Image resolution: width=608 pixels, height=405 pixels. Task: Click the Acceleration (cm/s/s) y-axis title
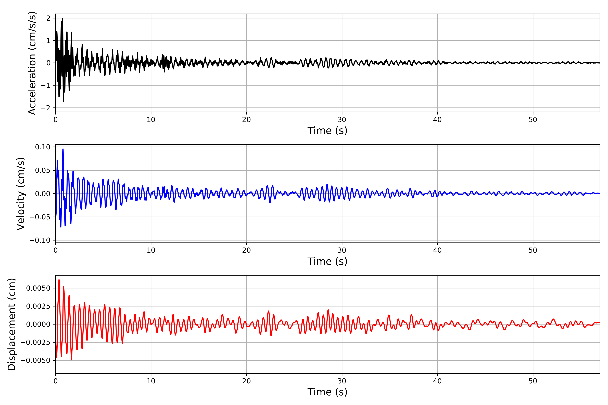pyautogui.click(x=32, y=63)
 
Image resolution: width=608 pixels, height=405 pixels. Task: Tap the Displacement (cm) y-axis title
pyautogui.click(x=12, y=324)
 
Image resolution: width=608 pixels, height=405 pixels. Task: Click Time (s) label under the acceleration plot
pyautogui.click(x=327, y=131)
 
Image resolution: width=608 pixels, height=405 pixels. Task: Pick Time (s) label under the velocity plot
pyautogui.click(x=327, y=261)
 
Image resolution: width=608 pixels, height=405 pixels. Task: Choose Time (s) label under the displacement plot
pyautogui.click(x=327, y=392)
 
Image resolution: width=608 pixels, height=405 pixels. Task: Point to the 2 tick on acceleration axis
pyautogui.click(x=48, y=18)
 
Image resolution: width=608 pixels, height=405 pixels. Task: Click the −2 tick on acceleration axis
pyautogui.click(x=45, y=108)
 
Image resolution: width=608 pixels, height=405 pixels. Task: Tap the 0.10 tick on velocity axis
pyautogui.click(x=43, y=147)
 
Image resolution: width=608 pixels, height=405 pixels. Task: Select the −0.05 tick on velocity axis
pyautogui.click(x=40, y=217)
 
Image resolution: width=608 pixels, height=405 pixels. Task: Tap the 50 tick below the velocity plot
pyautogui.click(x=533, y=250)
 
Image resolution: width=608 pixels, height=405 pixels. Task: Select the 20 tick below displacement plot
pyautogui.click(x=246, y=381)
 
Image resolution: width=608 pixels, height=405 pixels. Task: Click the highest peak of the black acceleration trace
pyautogui.click(x=62, y=18)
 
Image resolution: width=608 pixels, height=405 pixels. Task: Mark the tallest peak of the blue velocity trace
pyautogui.click(x=63, y=149)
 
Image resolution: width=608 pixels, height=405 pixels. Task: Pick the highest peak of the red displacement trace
pyautogui.click(x=59, y=280)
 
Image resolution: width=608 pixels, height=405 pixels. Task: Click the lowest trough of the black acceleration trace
pyautogui.click(x=63, y=101)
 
